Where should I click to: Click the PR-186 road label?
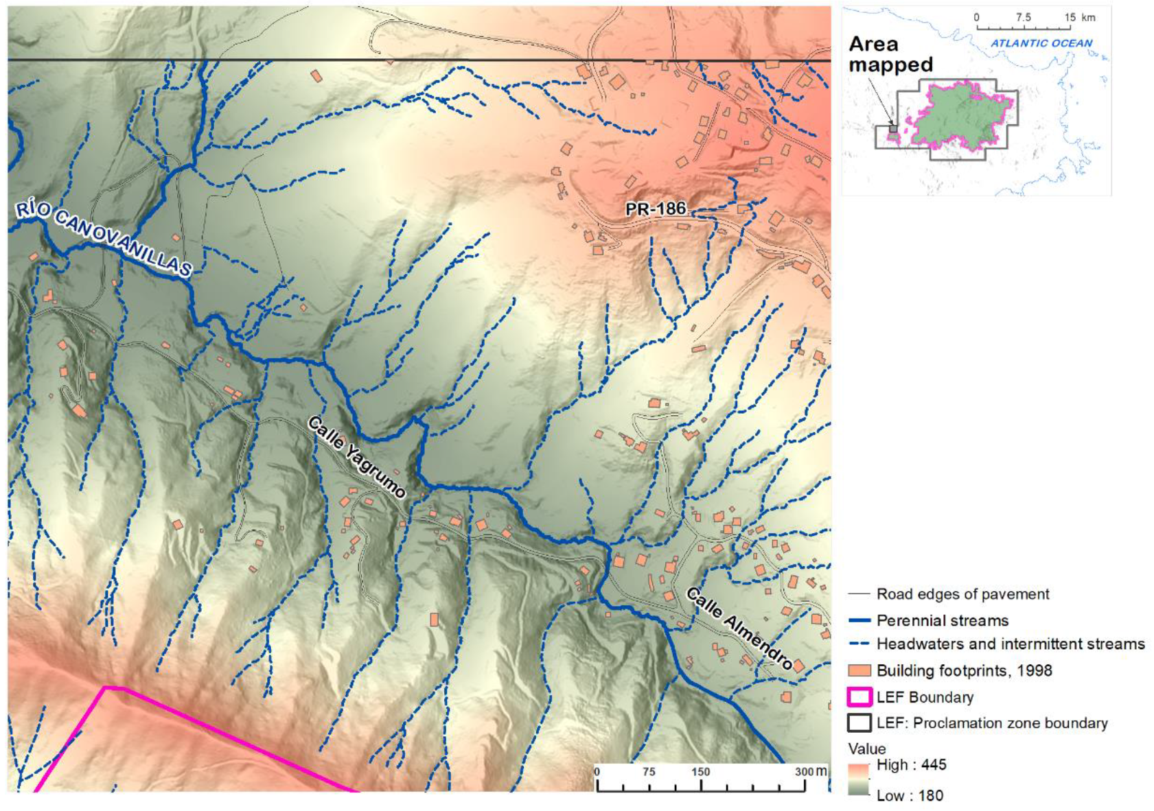655,208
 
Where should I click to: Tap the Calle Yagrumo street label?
356,456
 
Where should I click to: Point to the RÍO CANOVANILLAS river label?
103,239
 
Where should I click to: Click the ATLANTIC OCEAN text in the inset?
1041,43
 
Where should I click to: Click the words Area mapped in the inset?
890,54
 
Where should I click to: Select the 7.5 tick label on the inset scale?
1023,18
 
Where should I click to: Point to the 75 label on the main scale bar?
648,772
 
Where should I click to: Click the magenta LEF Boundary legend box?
859,697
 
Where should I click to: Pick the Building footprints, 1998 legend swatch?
859,670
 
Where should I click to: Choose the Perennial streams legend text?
942,621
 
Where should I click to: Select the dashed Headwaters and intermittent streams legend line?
859,644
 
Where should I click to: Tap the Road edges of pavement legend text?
962,594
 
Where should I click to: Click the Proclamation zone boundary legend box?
859,723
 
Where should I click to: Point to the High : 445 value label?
911,764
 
